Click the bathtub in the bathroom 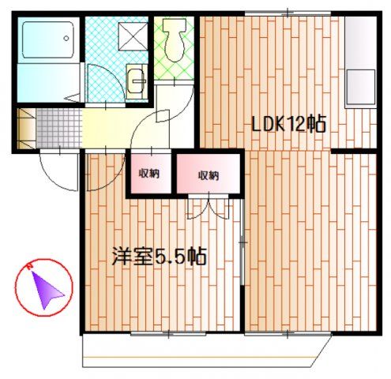[x=48, y=39]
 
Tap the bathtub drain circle [x=66, y=39]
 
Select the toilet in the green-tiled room [x=174, y=40]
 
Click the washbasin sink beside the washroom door [x=137, y=81]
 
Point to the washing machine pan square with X [x=133, y=36]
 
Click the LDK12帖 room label [x=289, y=124]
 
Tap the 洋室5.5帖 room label [x=159, y=256]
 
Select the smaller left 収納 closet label [x=149, y=174]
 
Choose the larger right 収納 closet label [x=209, y=175]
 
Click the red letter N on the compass [x=29, y=266]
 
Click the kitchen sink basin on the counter [x=360, y=87]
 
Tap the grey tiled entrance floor [x=58, y=129]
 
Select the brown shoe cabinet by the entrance [x=27, y=129]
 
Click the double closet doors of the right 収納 [x=209, y=207]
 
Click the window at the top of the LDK [x=288, y=13]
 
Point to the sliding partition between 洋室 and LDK [x=242, y=242]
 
